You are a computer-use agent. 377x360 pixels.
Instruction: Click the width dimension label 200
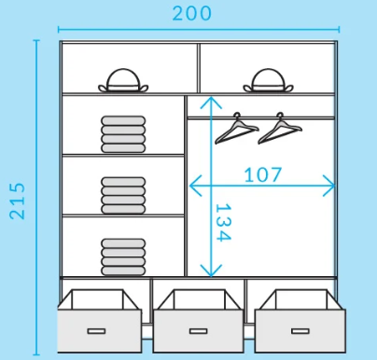pyautogui.click(x=192, y=13)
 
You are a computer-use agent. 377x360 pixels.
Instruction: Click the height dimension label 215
pyautogui.click(x=18, y=200)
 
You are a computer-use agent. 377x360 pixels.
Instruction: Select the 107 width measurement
pyautogui.click(x=263, y=174)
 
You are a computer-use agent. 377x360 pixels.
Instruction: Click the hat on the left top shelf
pyautogui.click(x=124, y=81)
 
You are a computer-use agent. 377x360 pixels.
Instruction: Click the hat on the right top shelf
pyautogui.click(x=267, y=81)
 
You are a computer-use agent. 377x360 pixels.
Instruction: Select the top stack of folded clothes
pyautogui.click(x=123, y=133)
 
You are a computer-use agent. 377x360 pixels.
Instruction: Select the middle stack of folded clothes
pyautogui.click(x=123, y=195)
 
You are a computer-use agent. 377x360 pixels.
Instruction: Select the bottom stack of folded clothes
pyautogui.click(x=123, y=256)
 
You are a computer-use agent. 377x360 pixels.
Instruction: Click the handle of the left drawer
pyautogui.click(x=96, y=330)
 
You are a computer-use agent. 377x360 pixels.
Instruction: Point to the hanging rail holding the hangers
pyautogui.click(x=260, y=117)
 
